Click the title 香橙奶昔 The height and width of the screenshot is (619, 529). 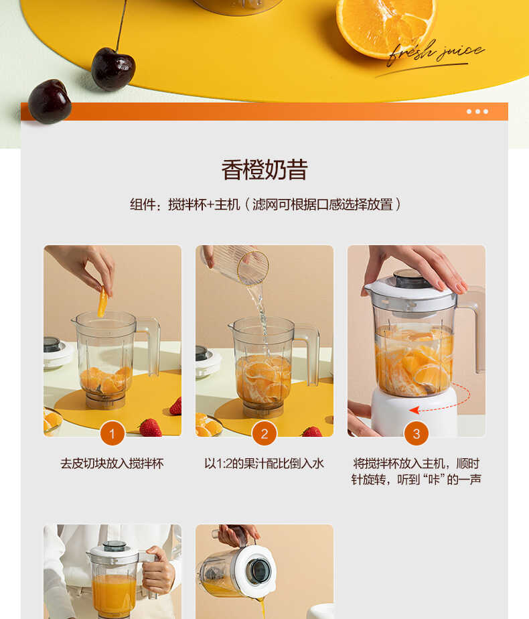[x=264, y=170]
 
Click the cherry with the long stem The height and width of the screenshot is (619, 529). [x=112, y=68]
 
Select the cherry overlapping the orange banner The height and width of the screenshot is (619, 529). [x=49, y=101]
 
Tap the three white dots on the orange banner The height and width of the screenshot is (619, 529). [x=477, y=112]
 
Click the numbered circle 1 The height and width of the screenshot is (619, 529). [x=112, y=433]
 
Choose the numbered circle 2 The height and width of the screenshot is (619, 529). [x=264, y=433]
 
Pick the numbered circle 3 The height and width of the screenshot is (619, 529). [x=417, y=433]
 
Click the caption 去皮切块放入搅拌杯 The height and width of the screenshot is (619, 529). [x=112, y=464]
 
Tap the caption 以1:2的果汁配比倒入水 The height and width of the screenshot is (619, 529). [x=264, y=464]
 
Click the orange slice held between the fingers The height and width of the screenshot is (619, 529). [x=102, y=301]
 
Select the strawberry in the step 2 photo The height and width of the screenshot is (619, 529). [x=312, y=431]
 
